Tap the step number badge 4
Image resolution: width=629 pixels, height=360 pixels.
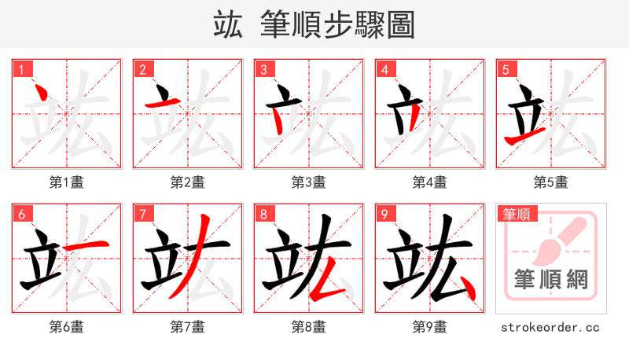385,70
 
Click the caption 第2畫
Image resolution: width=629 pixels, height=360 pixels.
187,182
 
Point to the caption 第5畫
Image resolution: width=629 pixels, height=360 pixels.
550,182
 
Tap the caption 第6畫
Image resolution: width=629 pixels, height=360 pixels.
66,326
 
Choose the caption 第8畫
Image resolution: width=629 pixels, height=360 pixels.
308,326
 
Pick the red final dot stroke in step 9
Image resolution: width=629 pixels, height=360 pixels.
469,289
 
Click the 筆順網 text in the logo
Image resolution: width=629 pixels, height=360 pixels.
550,279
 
